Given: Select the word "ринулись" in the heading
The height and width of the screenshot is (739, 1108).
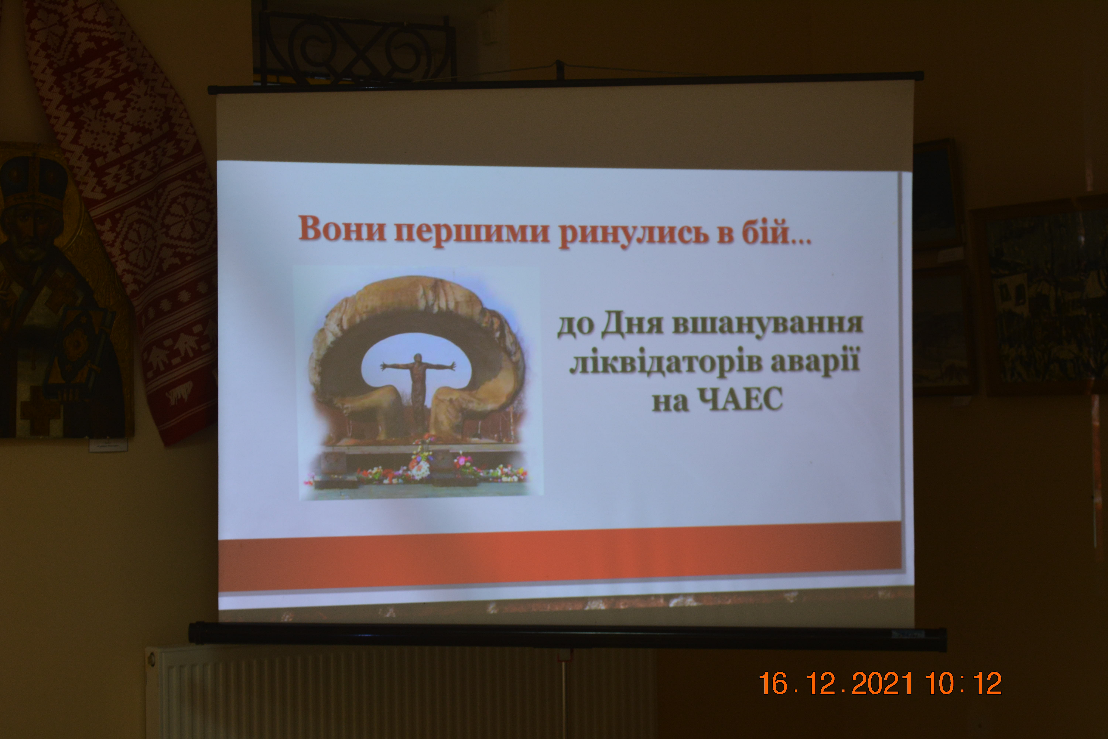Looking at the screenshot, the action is pyautogui.click(x=634, y=232).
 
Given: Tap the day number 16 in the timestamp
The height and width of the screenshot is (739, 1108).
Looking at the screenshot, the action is pyautogui.click(x=773, y=683).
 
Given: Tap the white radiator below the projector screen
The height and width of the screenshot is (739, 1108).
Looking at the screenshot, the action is pyautogui.click(x=400, y=692).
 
